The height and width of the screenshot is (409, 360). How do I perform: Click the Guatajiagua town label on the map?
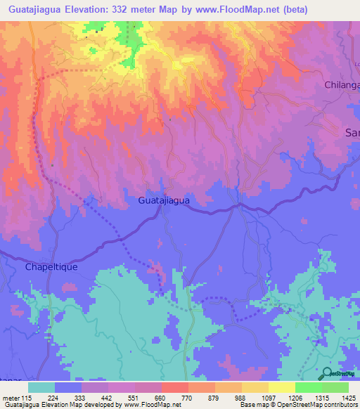(x=164, y=200)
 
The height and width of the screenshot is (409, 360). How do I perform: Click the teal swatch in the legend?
(x=41, y=387)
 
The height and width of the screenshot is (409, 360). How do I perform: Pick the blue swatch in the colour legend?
(x=68, y=387)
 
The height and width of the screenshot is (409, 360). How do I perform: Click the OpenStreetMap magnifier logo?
(x=327, y=373)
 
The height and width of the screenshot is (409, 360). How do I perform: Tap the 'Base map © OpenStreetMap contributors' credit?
(x=298, y=405)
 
